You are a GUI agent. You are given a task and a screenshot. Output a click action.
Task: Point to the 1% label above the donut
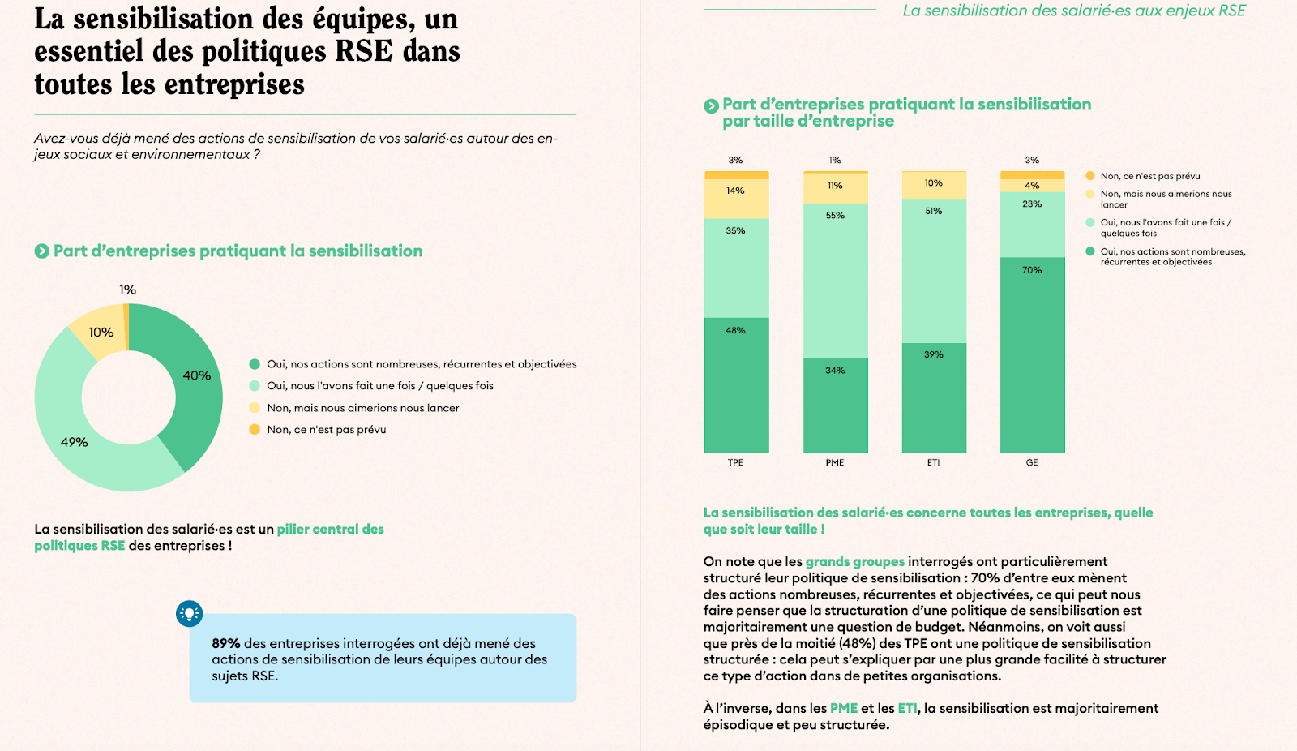coord(127,290)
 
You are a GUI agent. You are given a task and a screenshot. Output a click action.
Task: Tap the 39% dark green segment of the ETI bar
coord(934,397)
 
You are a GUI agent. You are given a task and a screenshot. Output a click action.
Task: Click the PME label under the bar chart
coord(835,462)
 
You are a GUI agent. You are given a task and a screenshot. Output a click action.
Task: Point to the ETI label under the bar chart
coord(934,462)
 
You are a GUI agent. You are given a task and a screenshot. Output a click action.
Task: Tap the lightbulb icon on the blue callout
coord(190,614)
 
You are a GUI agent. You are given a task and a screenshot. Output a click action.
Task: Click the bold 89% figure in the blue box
coord(226,643)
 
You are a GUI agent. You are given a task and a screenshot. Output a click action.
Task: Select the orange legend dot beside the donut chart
coord(255,429)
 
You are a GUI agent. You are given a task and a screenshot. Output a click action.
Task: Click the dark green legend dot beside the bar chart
coord(1090,251)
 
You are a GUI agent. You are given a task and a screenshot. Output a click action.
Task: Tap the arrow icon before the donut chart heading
coord(42,251)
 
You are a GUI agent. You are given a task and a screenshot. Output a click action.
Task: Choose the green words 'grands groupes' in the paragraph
coord(854,561)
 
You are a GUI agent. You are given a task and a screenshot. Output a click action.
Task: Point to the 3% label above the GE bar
coord(1032,160)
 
